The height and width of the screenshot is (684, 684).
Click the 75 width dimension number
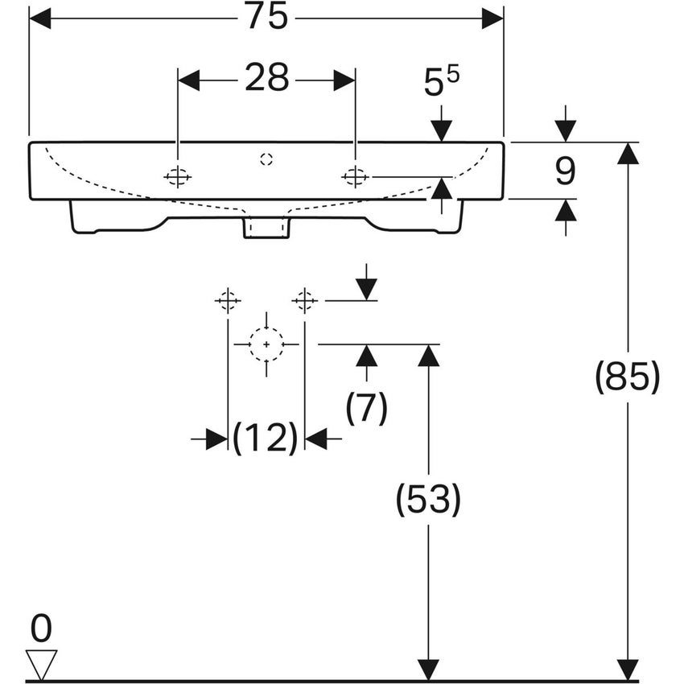click(266, 18)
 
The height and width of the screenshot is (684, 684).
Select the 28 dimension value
click(266, 79)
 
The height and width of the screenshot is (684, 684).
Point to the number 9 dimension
click(566, 170)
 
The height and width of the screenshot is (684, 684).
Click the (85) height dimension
click(627, 377)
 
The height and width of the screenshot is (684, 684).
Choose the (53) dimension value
click(428, 501)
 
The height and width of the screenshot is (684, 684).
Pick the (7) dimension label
click(367, 408)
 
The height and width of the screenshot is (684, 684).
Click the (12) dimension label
click(266, 439)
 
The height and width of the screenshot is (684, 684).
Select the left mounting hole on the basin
click(178, 176)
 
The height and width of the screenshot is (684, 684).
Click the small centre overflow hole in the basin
click(266, 159)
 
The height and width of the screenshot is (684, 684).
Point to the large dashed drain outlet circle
click(266, 344)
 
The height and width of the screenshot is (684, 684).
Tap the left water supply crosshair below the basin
click(228, 301)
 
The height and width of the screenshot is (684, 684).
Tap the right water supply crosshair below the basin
click(304, 301)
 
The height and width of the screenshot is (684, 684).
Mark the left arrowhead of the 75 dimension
click(39, 19)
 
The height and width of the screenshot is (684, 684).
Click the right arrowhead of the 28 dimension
click(344, 80)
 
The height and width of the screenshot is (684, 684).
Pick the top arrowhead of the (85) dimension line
click(627, 153)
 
